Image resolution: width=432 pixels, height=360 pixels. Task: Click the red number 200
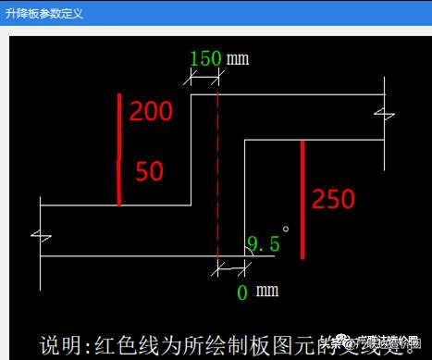[x=151, y=112]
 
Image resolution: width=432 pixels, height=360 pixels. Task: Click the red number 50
[x=149, y=171]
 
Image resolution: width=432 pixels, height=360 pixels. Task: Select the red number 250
[x=332, y=199]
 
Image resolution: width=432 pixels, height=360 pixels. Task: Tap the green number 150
[x=204, y=58]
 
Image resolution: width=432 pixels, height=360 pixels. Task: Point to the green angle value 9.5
[x=262, y=244]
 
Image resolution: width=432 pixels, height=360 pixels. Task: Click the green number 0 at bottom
[x=242, y=292]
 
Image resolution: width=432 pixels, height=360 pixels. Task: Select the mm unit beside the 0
[x=267, y=292]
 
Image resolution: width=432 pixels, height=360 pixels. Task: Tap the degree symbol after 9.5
[x=287, y=229]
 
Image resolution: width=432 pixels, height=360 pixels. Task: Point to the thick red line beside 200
[x=119, y=148]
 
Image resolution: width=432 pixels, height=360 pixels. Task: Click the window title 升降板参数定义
[x=43, y=12]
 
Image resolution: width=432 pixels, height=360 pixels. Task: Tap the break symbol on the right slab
[x=384, y=115]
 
